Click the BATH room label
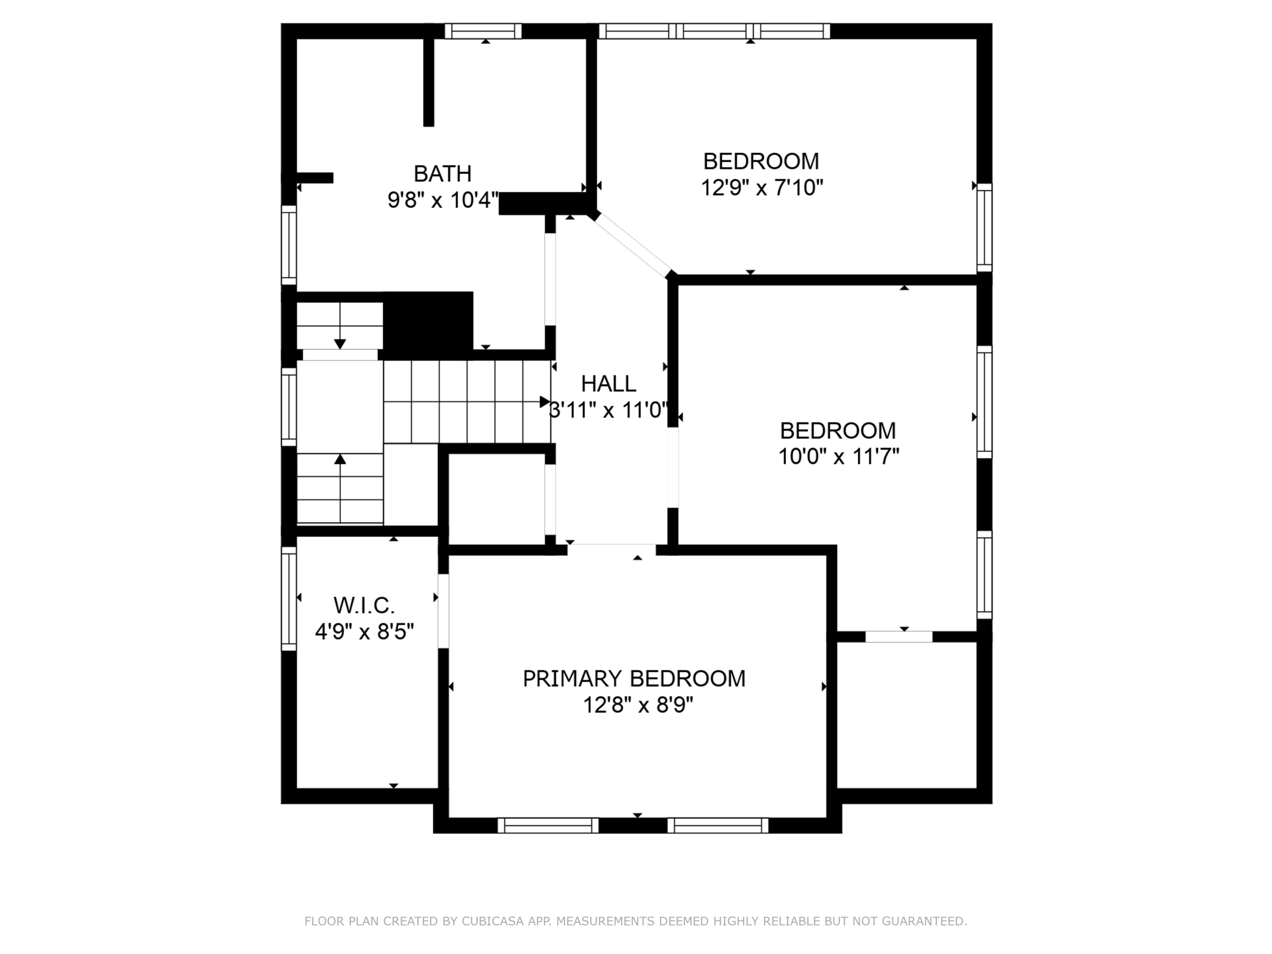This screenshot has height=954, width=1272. (442, 174)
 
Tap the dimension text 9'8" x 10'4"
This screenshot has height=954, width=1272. (443, 200)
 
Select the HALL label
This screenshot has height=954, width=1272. (608, 383)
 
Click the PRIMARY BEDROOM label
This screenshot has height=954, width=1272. (634, 679)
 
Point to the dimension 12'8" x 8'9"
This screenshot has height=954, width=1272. (638, 705)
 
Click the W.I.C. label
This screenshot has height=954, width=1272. (364, 605)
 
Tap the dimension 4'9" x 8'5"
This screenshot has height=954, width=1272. (364, 631)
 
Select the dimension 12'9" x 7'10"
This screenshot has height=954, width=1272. (761, 187)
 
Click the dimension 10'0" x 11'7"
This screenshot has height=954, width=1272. (838, 457)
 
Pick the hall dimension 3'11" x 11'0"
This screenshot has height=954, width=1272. (608, 410)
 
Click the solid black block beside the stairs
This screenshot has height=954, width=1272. (428, 325)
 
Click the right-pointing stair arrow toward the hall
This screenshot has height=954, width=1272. (544, 402)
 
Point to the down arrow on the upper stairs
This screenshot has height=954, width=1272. (340, 344)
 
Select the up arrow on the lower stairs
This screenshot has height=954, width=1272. (340, 459)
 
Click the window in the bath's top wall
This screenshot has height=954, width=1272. (483, 31)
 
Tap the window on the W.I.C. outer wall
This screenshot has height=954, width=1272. (289, 598)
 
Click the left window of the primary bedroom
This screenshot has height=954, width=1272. (548, 826)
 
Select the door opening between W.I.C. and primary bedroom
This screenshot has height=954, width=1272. (443, 611)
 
